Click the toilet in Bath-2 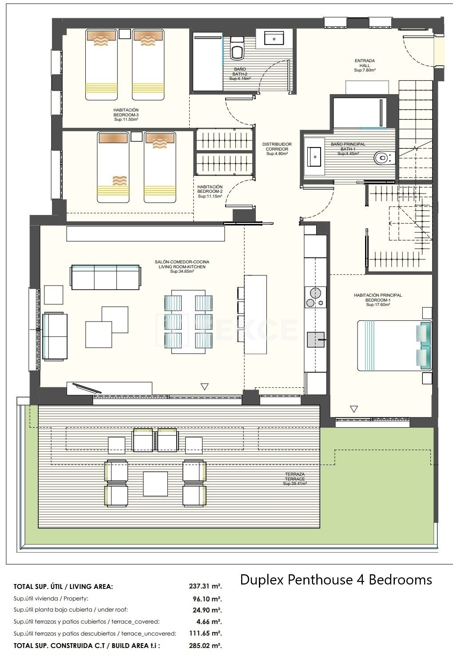[x=237, y=48]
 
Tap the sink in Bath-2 [x=274, y=39]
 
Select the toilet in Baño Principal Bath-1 [x=385, y=158]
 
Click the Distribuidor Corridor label [x=277, y=149]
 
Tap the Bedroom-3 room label [x=126, y=115]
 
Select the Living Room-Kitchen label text [x=182, y=266]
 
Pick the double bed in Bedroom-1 [x=394, y=345]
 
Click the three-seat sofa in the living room [x=106, y=277]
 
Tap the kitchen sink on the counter [x=316, y=339]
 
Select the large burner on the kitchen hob [x=315, y=293]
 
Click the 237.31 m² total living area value [x=205, y=586]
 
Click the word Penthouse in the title [x=320, y=580]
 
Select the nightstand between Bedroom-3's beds [x=125, y=34]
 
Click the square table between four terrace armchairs [x=155, y=484]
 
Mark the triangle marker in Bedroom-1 [x=354, y=409]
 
